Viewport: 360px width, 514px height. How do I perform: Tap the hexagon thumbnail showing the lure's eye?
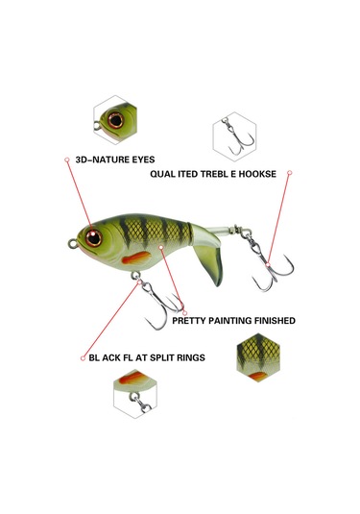[x=116, y=118]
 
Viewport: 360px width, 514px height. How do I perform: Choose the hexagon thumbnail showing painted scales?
[x=258, y=355]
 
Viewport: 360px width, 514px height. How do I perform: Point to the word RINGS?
[x=188, y=356]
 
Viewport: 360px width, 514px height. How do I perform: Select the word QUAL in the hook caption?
[x=161, y=175]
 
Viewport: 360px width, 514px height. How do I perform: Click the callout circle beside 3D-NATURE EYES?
[x=66, y=159]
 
